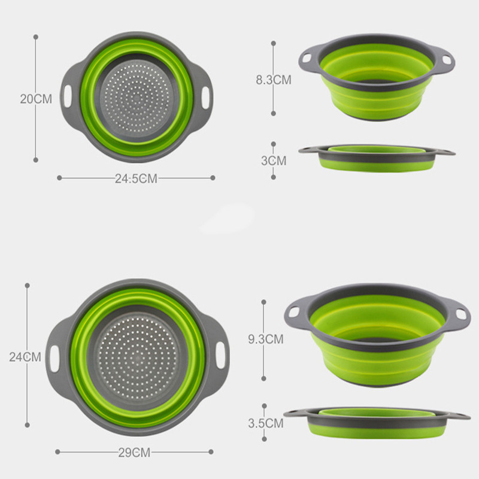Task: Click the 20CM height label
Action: point(35,99)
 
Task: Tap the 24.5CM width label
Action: point(136,178)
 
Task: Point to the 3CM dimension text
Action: point(274,160)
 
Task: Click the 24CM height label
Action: point(25,357)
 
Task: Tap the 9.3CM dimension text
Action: point(265,339)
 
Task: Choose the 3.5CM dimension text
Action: point(265,423)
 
